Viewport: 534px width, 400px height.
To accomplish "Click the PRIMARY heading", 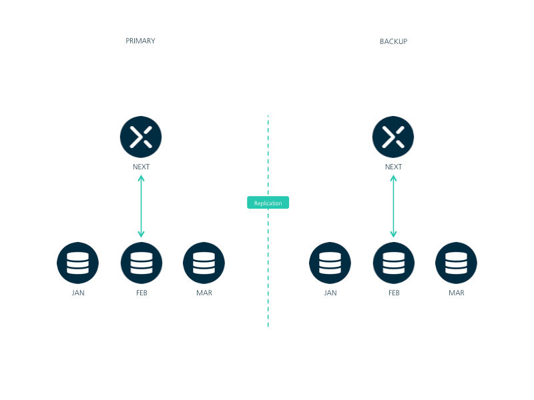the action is (x=140, y=41).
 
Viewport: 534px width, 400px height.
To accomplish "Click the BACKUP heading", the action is (x=393, y=41).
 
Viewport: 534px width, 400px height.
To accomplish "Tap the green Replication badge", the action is (x=268, y=203).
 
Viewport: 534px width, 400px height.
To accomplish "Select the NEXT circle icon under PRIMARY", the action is (x=141, y=137).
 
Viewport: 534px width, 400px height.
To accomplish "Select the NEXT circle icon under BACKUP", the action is (x=393, y=137).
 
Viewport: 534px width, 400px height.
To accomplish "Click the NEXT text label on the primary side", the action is (x=141, y=167).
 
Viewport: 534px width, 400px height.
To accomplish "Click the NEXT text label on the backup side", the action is (x=393, y=167).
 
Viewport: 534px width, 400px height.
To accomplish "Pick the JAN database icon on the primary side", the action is (x=77, y=263).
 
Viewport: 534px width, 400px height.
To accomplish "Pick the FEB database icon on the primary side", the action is (x=142, y=263).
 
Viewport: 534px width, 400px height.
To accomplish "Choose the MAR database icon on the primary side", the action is (x=204, y=263).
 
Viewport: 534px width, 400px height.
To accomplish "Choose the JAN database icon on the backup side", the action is (x=330, y=263).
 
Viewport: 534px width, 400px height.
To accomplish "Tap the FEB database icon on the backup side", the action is (x=394, y=263).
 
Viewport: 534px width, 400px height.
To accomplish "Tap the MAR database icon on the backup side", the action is (x=457, y=263).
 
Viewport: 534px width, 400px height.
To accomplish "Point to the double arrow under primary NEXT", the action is (x=141, y=206).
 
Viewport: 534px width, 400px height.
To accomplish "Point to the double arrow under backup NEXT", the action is (x=393, y=206).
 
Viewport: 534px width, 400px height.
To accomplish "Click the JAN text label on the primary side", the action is (x=78, y=293).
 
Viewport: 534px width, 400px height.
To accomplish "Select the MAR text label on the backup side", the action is (x=457, y=293).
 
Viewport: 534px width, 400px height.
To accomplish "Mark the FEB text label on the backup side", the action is (x=394, y=293).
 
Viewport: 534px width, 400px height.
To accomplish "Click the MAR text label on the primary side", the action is (x=204, y=293).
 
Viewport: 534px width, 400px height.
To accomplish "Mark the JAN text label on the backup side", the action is (x=330, y=293).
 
